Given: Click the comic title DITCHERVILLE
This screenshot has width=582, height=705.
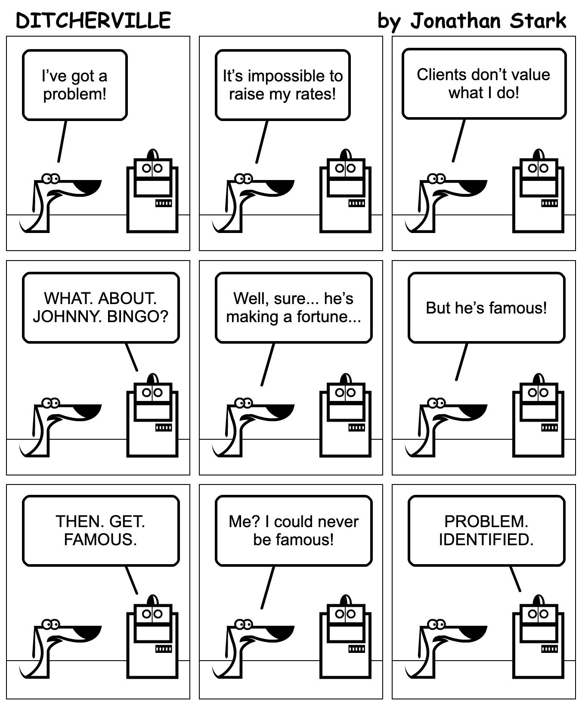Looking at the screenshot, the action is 93,20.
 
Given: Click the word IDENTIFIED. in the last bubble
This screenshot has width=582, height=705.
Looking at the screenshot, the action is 486,540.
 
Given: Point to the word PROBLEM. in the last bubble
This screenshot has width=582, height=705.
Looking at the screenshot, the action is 486,522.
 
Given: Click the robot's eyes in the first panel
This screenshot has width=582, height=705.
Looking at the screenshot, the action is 152,168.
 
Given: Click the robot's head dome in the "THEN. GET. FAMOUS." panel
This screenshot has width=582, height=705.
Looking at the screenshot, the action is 152,600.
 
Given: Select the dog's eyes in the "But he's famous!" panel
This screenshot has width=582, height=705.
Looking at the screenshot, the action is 436,403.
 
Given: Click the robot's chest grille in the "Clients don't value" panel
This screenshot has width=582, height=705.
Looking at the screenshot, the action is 549,203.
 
